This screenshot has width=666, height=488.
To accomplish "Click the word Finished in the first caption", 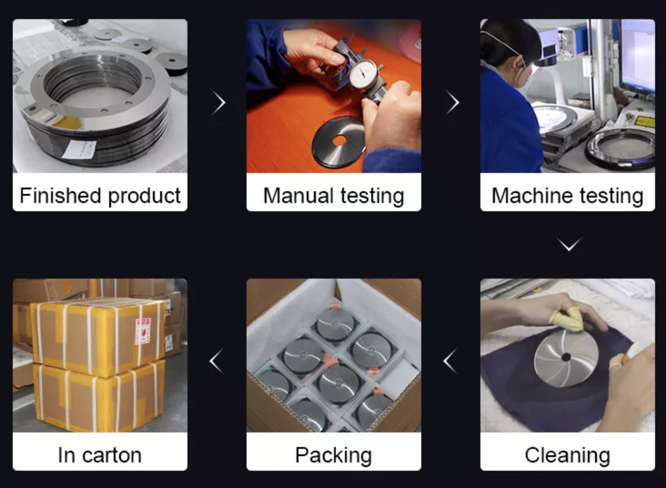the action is tap(61, 196).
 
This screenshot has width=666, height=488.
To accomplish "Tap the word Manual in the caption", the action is tap(298, 196).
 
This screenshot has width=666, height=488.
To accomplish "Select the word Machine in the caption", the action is tap(532, 196).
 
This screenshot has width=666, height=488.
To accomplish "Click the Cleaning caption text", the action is tap(568, 456).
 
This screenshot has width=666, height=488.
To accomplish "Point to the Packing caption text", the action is tap(333, 456).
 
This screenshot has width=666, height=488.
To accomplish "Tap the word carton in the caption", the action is tap(112, 456).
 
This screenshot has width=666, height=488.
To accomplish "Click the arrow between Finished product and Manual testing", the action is tap(219, 102).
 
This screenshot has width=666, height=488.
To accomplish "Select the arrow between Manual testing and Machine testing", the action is tap(453, 102).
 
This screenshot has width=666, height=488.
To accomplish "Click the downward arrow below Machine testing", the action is tap(569, 244).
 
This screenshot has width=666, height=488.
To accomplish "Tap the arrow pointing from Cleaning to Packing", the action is tap(450, 361).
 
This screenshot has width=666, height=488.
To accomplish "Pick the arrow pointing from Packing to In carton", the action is tap(217, 361).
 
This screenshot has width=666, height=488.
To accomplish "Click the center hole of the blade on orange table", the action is tap(339, 141).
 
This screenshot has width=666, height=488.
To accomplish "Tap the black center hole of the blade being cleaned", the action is tap(566, 357).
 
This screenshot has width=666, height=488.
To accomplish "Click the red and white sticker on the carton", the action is tap(143, 331).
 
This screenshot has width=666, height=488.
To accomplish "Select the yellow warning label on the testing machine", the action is tap(645, 122).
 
